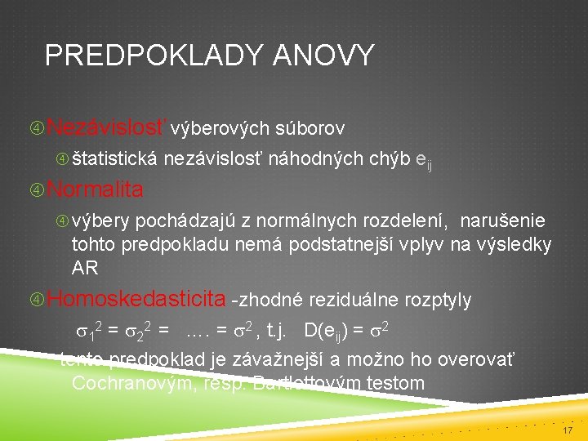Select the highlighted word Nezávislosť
point(107,127)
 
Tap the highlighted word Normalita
point(96,189)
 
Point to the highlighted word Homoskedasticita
point(136,299)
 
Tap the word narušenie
point(503,220)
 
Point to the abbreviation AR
point(85,268)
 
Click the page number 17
point(568,428)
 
